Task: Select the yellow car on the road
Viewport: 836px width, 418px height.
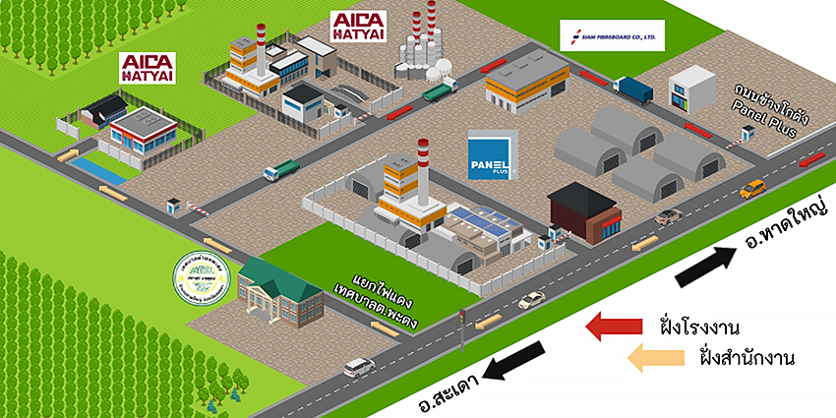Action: tap(753, 187)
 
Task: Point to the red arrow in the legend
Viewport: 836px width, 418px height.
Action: tap(615, 327)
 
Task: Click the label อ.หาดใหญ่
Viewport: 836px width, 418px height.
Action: tap(786, 225)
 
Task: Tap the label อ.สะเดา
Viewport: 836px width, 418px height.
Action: tap(452, 388)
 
